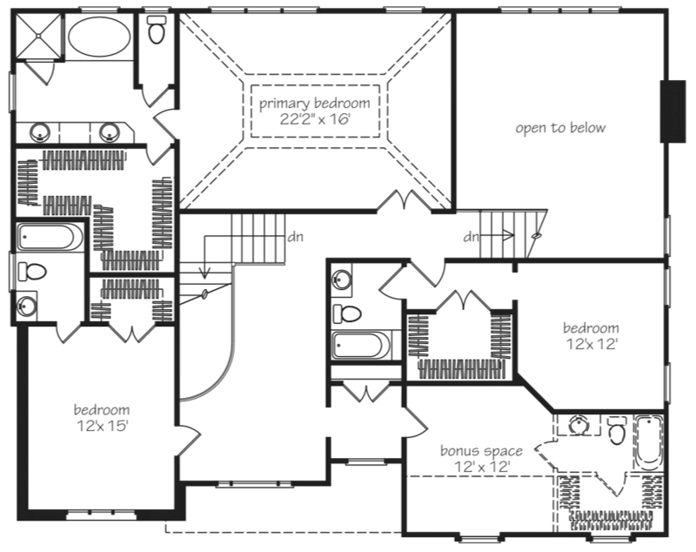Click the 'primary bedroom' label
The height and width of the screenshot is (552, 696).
click(x=314, y=104)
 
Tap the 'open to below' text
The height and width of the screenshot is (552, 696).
click(x=560, y=128)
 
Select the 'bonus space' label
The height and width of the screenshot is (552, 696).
click(x=481, y=451)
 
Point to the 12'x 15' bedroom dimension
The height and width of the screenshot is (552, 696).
click(x=102, y=426)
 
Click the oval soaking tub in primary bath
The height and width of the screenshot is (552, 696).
click(x=99, y=37)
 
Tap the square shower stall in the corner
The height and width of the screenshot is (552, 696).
click(x=38, y=37)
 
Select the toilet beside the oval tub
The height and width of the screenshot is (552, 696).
click(x=156, y=30)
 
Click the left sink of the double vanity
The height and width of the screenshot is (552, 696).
click(x=39, y=131)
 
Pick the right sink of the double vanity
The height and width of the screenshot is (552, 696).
click(x=109, y=131)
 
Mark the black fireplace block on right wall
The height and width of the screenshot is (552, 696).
click(x=673, y=111)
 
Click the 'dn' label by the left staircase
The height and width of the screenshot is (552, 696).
click(x=296, y=237)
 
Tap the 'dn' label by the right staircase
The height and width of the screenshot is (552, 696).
click(x=472, y=237)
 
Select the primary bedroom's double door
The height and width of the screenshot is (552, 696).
click(x=405, y=200)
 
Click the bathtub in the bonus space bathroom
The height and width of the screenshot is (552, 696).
click(x=648, y=443)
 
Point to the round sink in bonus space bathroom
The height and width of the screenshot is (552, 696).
click(x=578, y=425)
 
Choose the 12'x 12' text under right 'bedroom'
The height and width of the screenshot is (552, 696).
click(x=592, y=344)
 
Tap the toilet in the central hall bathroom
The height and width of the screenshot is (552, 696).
click(x=347, y=314)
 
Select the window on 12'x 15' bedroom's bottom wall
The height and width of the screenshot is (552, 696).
click(x=101, y=515)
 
